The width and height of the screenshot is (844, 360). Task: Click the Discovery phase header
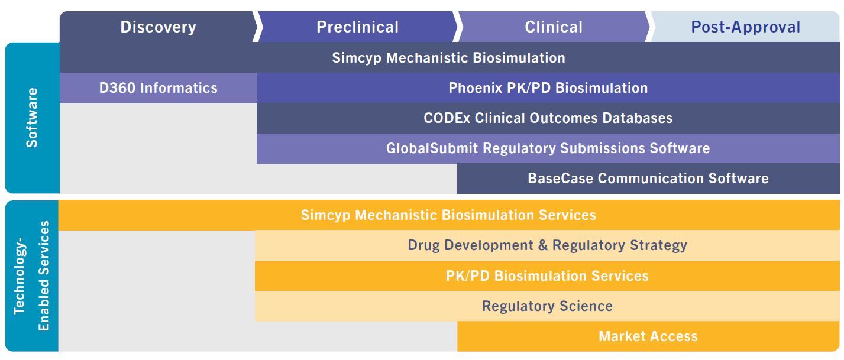point(159,27)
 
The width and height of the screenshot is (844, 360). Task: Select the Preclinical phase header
point(358,27)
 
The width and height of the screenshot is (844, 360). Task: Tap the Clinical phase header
point(554,27)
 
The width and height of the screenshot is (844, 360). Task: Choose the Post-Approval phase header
point(745,27)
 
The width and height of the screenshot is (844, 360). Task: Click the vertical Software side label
point(32,118)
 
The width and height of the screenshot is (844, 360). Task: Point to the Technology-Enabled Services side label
point(32,275)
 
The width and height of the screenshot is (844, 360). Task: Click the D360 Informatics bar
point(159,87)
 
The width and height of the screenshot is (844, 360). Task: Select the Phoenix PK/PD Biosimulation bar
point(548,87)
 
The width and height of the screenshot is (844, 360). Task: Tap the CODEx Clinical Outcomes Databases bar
point(548,118)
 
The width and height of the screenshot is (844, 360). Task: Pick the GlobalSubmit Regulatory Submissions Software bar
point(548,148)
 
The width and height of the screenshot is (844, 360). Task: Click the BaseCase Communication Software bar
point(648,179)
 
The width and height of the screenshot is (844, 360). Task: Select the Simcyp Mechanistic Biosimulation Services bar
point(449,215)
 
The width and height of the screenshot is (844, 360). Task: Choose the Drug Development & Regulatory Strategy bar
point(548,245)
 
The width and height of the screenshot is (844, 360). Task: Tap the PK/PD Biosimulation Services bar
point(548,276)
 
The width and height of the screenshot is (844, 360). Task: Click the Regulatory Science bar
point(548,306)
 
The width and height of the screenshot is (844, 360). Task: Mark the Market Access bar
point(648,336)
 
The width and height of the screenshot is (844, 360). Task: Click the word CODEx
point(447,118)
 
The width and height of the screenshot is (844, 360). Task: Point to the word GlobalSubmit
point(432,148)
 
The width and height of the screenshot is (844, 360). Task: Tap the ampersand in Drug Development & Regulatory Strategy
point(543,245)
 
